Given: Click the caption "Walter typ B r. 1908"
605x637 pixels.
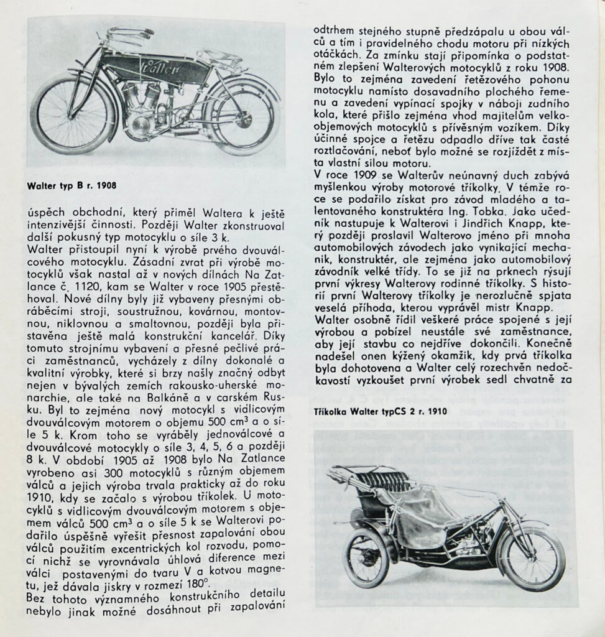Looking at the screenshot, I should click(x=72, y=185).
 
